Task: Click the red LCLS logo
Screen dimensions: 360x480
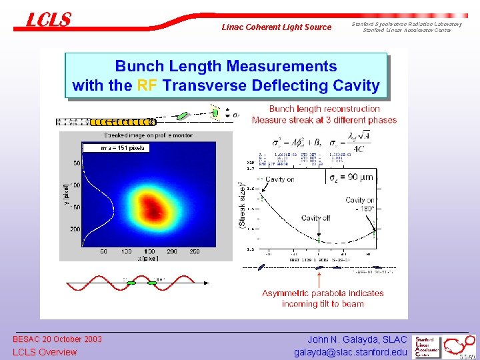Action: point(48,20)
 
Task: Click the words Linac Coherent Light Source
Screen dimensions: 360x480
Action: point(276,27)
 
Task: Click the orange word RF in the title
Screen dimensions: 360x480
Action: point(147,85)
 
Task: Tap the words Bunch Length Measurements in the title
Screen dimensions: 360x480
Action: point(226,66)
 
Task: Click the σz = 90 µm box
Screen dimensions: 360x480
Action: point(351,178)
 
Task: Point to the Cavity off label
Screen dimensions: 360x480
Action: point(315,218)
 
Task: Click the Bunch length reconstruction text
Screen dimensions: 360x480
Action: point(324,109)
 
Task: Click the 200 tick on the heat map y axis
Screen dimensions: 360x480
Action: point(77,229)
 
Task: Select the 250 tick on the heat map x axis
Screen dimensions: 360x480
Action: point(194,251)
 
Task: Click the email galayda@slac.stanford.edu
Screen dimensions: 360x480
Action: point(350,352)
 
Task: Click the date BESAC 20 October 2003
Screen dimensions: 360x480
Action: point(57,339)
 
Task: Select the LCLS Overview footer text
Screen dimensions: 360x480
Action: point(45,352)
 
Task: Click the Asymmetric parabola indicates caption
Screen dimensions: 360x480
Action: point(323,293)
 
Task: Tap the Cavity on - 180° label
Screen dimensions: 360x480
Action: point(359,204)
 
